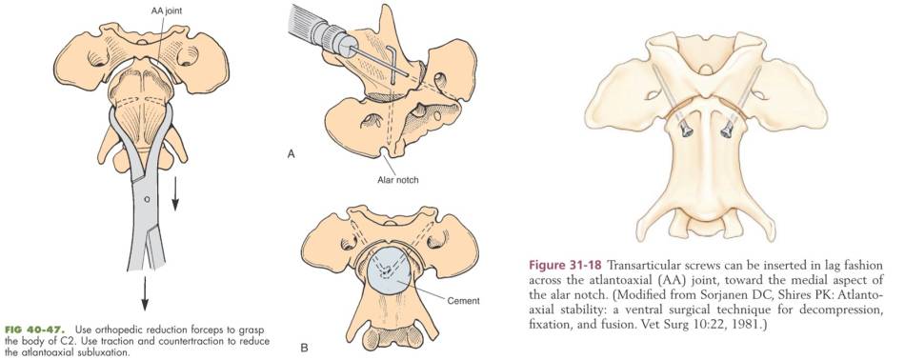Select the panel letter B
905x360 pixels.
pyautogui.click(x=304, y=349)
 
